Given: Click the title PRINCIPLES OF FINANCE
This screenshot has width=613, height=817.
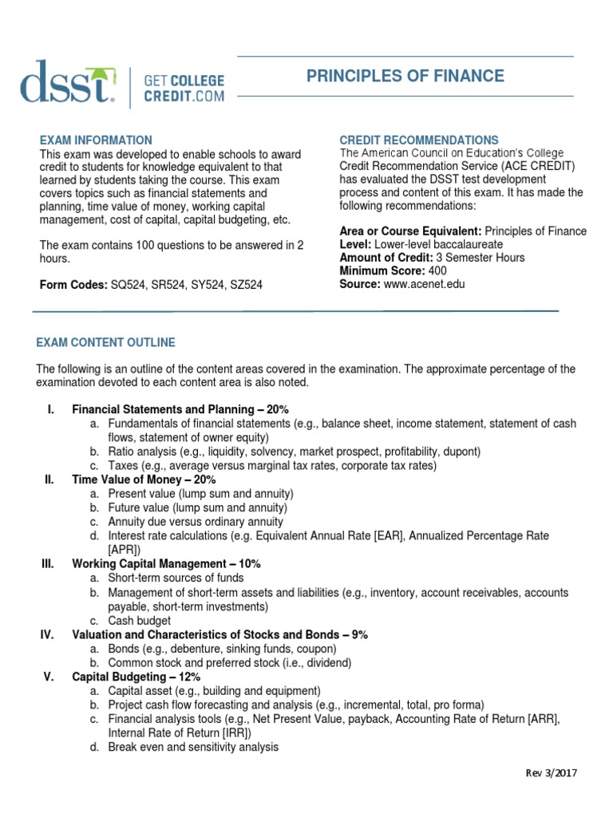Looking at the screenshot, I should (405, 77).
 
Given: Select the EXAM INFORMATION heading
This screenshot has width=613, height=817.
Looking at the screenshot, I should (94, 140).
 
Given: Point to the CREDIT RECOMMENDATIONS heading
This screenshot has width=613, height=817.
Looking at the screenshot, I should (419, 140).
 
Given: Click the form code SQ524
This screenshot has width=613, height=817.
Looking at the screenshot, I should (125, 284).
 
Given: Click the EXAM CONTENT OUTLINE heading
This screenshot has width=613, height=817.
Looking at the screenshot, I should (105, 342).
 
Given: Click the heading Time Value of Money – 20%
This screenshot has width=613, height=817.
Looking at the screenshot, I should (144, 480).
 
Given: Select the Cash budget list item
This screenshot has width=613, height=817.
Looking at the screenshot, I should (140, 620).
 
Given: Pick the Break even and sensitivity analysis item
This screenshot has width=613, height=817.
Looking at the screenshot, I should (193, 747).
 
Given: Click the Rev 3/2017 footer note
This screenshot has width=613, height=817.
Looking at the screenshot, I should (551, 773).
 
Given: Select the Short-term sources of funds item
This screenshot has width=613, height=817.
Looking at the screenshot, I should (176, 578).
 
